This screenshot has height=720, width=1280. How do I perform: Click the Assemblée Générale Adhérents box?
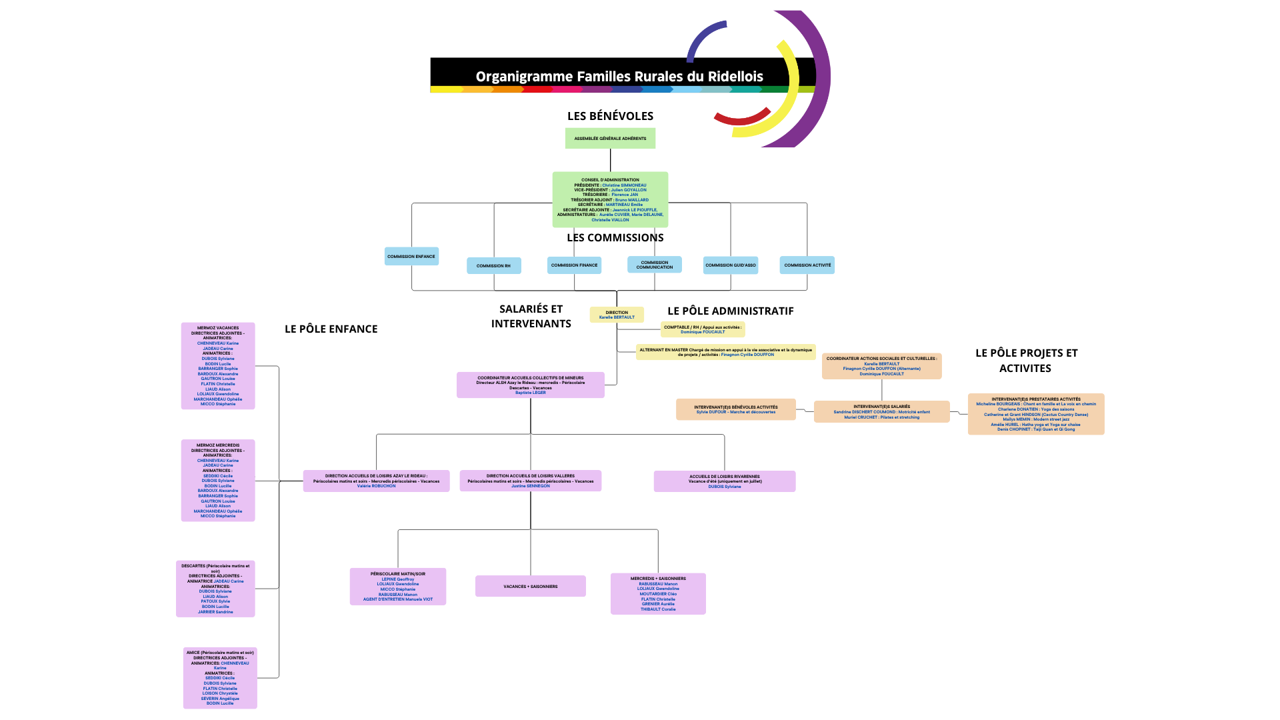pos(610,139)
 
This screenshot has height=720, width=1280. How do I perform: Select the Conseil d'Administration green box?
pos(610,199)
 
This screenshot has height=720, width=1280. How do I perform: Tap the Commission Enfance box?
pos(411,257)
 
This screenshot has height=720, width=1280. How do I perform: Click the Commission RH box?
pos(493,266)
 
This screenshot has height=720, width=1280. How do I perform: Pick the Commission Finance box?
pos(574,265)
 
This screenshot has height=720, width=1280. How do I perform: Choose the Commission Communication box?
pos(654,265)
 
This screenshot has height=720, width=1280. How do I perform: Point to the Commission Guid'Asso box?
pos(731,265)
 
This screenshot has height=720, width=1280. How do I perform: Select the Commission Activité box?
pos(807,265)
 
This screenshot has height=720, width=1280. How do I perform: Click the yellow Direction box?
pos(617,315)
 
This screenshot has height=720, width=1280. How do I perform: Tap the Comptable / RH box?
pos(703,329)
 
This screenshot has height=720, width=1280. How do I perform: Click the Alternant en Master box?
pos(725,352)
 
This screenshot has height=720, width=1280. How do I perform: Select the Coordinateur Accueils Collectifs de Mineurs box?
pos(530,385)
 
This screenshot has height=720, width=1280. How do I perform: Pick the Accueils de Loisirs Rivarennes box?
pos(724,481)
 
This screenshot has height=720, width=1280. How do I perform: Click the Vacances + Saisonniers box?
pos(530,587)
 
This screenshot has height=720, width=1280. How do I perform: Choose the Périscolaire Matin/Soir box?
pos(397,587)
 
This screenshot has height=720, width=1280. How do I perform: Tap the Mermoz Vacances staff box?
pos(218,366)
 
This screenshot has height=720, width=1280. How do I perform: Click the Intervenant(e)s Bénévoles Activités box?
pos(735,409)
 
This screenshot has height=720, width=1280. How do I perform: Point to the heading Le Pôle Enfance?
pos(331,329)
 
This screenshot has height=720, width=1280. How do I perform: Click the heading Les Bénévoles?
pos(610,116)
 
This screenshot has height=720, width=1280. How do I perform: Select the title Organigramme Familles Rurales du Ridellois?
pos(619,77)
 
